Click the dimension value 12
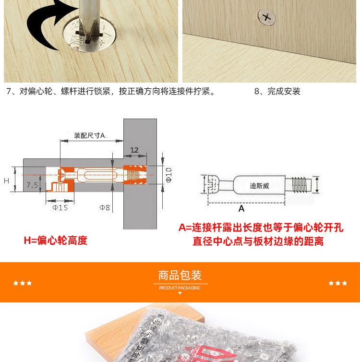134,150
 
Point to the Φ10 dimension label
168,175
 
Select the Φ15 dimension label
60,207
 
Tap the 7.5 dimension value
33,184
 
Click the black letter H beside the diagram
7,181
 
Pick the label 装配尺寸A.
90,135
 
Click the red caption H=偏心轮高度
56,241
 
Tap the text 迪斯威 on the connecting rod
260,185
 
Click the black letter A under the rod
241,208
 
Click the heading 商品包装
180,276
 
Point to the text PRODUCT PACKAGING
180,288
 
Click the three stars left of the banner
22,283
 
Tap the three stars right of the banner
337,283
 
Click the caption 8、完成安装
277,91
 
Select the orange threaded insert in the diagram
136,175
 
